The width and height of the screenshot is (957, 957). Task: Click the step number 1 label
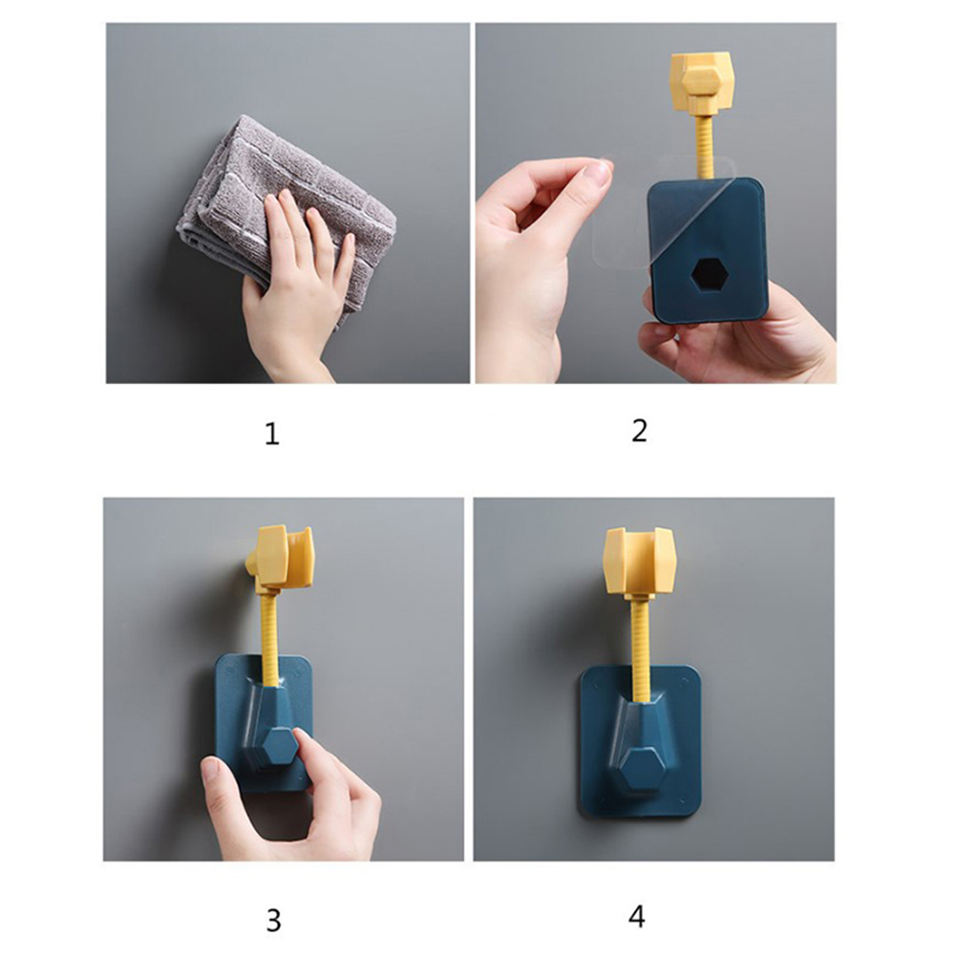(272, 434)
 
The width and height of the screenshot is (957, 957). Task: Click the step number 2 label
(639, 431)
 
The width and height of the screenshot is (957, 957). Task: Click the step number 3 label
(273, 921)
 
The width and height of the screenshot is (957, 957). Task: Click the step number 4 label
(637, 917)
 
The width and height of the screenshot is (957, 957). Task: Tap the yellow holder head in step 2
(702, 79)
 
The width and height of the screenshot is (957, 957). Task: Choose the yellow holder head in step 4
(640, 562)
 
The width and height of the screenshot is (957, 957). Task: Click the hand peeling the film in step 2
(537, 256)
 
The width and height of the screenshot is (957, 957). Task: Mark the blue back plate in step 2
(707, 250)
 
